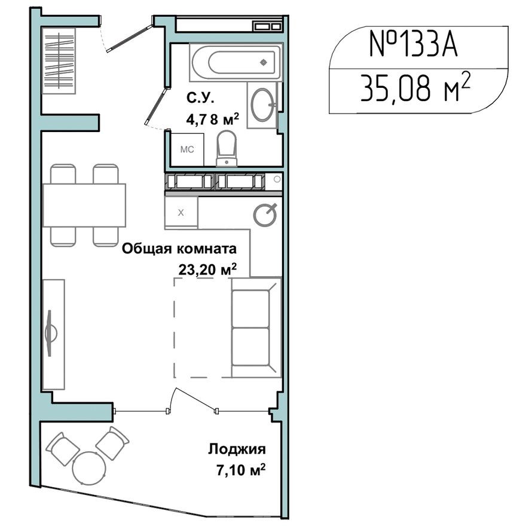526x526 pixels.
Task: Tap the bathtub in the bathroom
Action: pyautogui.click(x=235, y=62)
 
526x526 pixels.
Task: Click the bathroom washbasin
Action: pyautogui.click(x=262, y=105)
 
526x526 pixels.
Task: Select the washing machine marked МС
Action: pyautogui.click(x=187, y=149)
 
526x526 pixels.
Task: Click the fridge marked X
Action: pyautogui.click(x=181, y=212)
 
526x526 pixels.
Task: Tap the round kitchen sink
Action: pyautogui.click(x=265, y=214)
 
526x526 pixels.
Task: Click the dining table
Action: pyautogui.click(x=84, y=205)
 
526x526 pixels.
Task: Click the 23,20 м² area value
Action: pyautogui.click(x=207, y=269)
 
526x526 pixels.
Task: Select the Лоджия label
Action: pyautogui.click(x=237, y=449)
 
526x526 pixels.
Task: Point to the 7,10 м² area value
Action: pyautogui.click(x=241, y=470)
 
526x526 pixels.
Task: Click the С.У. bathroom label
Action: pyautogui.click(x=199, y=98)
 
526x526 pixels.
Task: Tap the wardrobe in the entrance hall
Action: pyautogui.click(x=60, y=60)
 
